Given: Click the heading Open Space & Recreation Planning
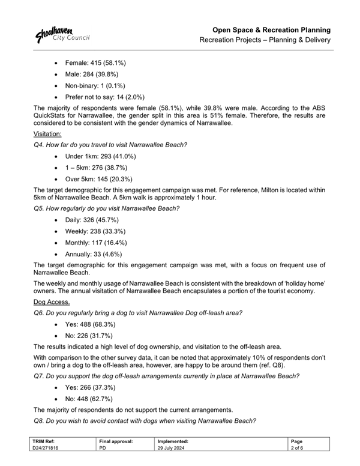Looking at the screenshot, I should pyautogui.click(x=272, y=29).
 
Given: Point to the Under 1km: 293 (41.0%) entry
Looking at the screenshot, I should pyautogui.click(x=103, y=157).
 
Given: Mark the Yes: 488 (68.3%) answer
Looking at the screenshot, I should pyautogui.click(x=92, y=324).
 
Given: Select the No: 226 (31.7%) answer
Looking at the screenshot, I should pyautogui.click(x=91, y=335).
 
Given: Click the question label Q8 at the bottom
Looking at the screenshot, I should pyautogui.click(x=40, y=421).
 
